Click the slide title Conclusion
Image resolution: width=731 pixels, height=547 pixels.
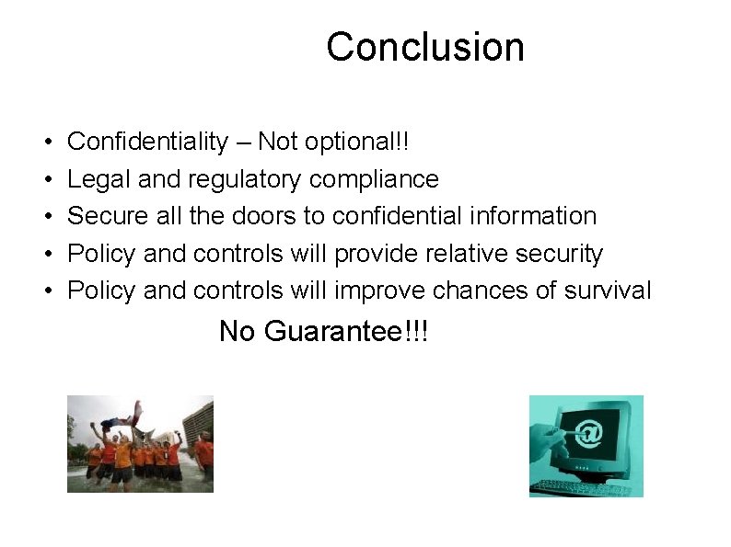[424, 47]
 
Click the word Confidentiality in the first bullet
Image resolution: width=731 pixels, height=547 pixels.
[148, 142]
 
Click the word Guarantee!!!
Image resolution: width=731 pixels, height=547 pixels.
[346, 331]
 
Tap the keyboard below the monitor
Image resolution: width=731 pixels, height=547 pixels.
[575, 485]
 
